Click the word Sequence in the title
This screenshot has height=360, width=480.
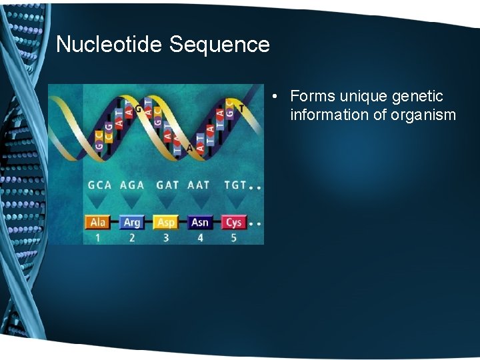pos(219,45)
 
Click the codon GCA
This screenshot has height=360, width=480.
pos(100,185)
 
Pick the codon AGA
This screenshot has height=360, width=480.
pos(132,185)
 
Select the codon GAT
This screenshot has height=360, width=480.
pos(167,185)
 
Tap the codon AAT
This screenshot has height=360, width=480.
pos(199,185)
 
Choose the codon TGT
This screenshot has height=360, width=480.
pos(235,185)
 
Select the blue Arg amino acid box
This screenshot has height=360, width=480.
pos(131,222)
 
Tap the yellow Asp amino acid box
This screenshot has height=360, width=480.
pos(165,222)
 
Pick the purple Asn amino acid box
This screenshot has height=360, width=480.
pos(200,222)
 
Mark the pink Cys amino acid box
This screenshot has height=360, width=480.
pos(233,222)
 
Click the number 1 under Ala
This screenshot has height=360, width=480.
pos(97,237)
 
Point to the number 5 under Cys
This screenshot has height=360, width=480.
pos(233,237)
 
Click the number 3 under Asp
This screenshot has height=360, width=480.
pos(165,237)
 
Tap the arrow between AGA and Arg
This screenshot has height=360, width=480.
pos(132,201)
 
